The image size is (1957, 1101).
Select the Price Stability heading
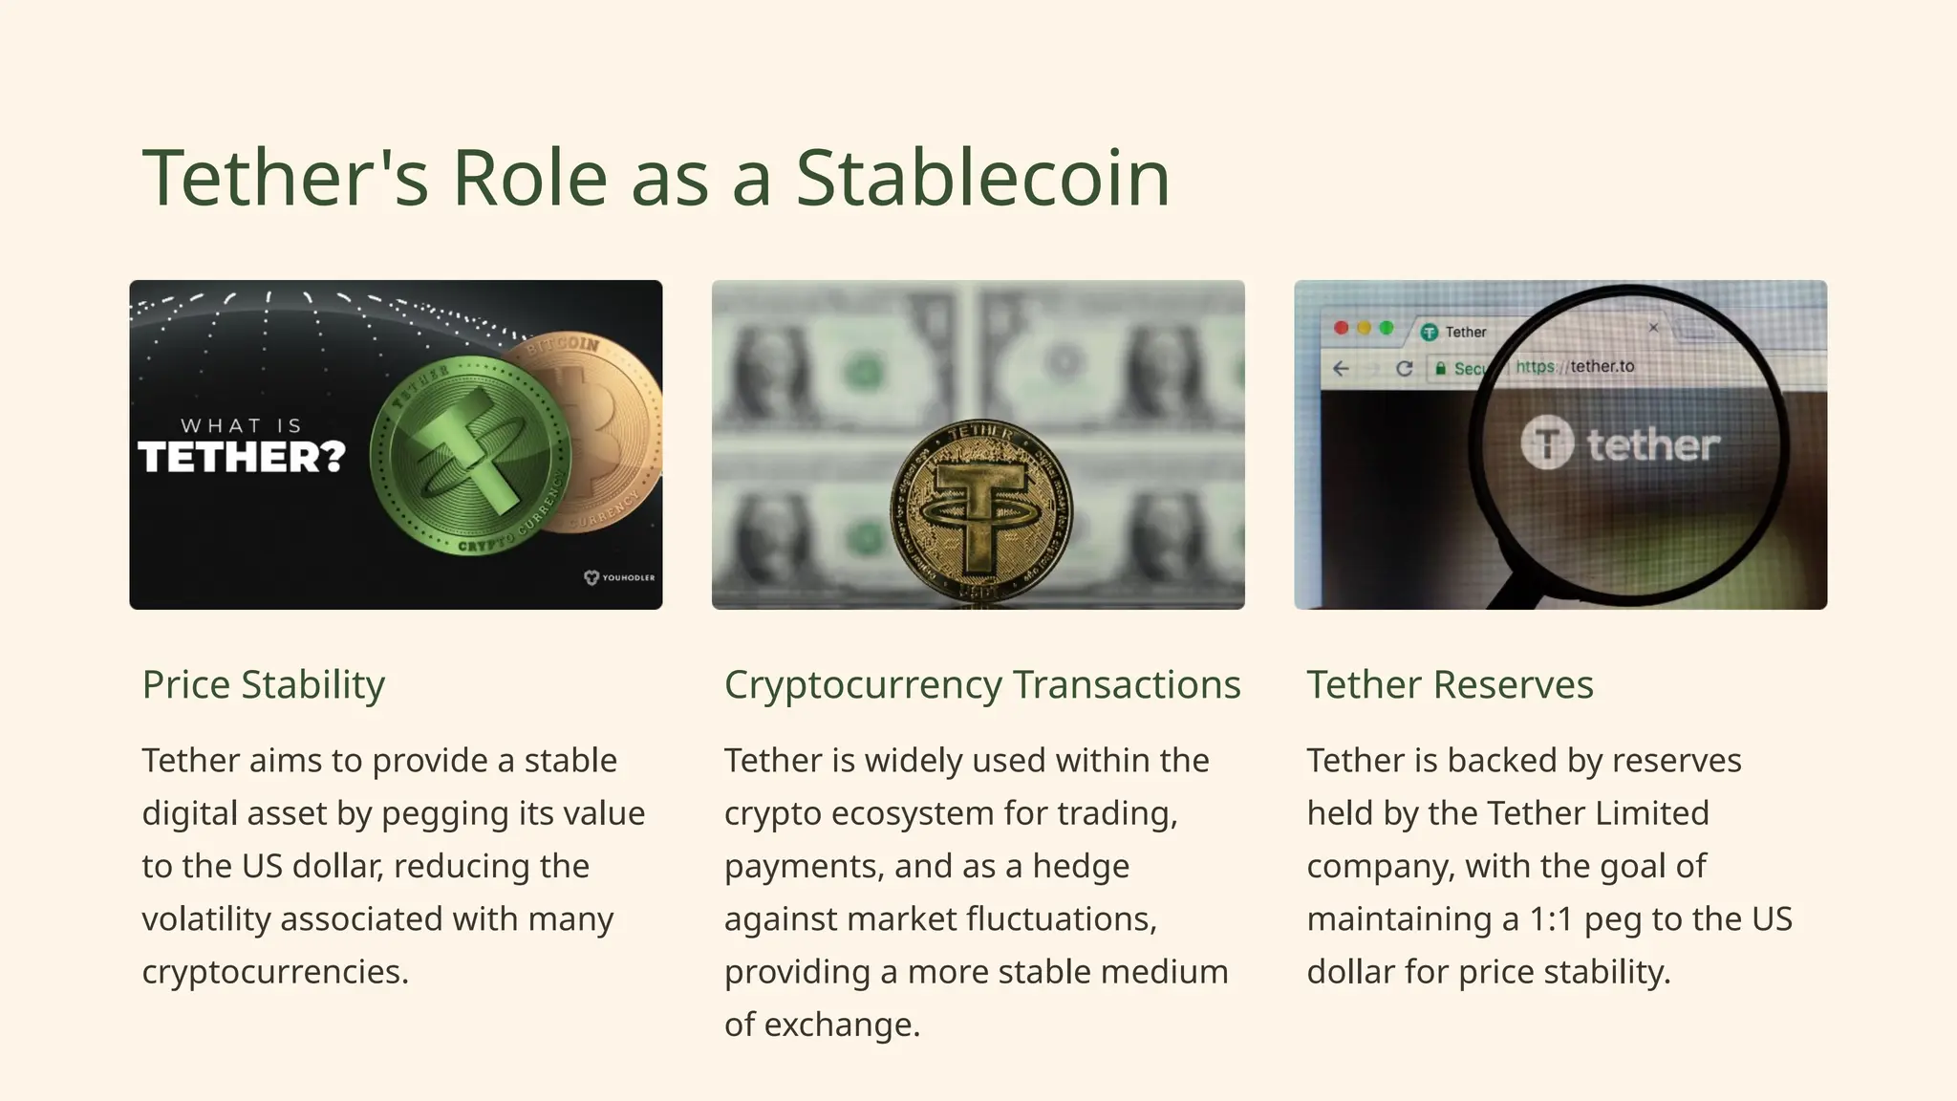pyautogui.click(x=264, y=684)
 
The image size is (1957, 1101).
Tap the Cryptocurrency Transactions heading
pyautogui.click(x=982, y=684)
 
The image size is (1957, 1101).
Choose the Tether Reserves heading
pyautogui.click(x=1450, y=684)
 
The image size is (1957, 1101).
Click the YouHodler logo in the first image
pyautogui.click(x=619, y=577)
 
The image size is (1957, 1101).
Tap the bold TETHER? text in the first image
pyautogui.click(x=241, y=458)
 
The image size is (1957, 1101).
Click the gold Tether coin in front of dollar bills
pyautogui.click(x=980, y=511)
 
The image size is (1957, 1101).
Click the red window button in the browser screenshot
pyautogui.click(x=1341, y=328)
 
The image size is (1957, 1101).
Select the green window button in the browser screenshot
pyautogui.click(x=1387, y=328)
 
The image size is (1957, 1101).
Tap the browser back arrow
pyautogui.click(x=1341, y=368)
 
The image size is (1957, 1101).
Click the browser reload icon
pyautogui.click(x=1404, y=368)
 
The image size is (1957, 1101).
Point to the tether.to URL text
pyautogui.click(x=1602, y=366)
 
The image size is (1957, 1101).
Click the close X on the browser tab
pyautogui.click(x=1653, y=328)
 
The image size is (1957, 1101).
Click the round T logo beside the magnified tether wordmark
pyautogui.click(x=1546, y=443)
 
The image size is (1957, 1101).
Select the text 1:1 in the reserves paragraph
pyautogui.click(x=1550, y=919)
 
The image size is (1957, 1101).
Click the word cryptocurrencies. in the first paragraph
pyautogui.click(x=275, y=972)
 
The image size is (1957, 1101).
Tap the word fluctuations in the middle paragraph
pyautogui.click(x=1061, y=919)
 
